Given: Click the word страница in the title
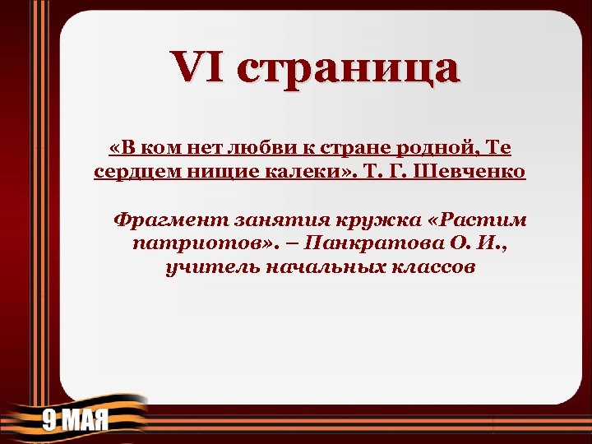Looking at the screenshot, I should tap(346, 69).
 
